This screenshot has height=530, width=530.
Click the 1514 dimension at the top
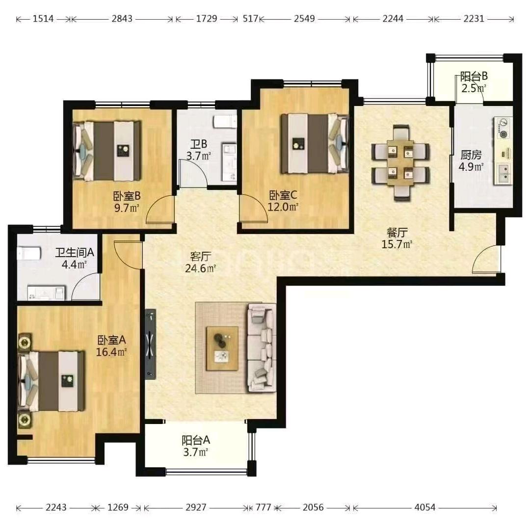coord(43,19)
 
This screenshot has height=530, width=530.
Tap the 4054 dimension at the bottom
coord(425,507)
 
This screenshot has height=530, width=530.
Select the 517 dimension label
coord(250,19)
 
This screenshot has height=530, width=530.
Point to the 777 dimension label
coord(264,507)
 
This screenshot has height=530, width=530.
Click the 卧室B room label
coord(127,196)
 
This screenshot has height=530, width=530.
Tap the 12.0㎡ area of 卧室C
coord(283,207)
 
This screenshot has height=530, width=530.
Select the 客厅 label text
coord(200,257)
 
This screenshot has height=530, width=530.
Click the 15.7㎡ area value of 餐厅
coord(397,244)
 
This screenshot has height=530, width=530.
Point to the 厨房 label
coord(471,155)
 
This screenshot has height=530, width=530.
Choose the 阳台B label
coord(474,77)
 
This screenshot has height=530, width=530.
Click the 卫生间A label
coord(75,253)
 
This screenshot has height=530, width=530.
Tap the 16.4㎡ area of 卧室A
coord(111,352)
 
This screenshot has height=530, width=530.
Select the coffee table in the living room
coord(222,348)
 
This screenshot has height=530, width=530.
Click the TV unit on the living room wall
coord(151,344)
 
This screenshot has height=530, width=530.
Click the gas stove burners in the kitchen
coord(503,128)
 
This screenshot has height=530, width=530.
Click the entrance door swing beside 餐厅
coord(486,259)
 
